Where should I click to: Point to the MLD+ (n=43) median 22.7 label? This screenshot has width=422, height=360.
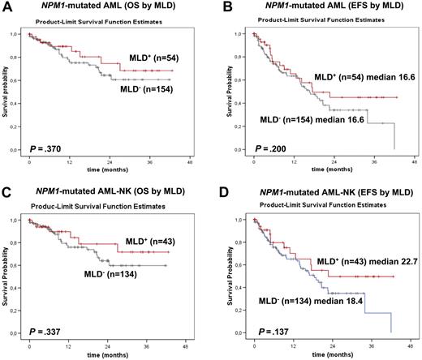coord(355,260)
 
